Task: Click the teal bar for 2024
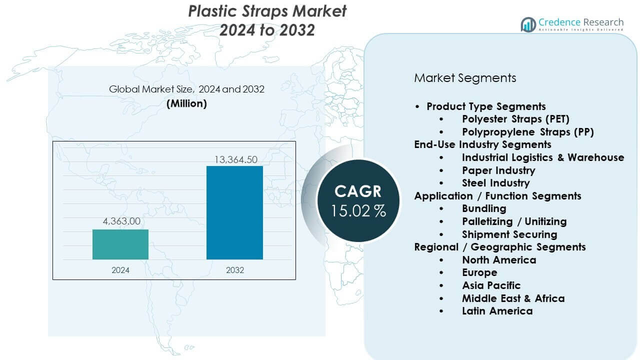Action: [120, 244]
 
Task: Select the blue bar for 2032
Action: [234, 212]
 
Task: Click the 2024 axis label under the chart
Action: [120, 270]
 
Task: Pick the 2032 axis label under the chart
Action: [234, 270]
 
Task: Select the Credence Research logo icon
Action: [528, 24]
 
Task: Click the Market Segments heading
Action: [465, 78]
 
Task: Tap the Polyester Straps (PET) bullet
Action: [515, 119]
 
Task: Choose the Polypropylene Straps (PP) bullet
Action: [527, 132]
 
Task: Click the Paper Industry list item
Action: [498, 170]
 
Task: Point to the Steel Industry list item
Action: [495, 183]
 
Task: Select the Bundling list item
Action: [484, 208]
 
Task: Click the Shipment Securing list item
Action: [509, 234]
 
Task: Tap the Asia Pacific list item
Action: [491, 285]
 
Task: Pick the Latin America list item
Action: [497, 311]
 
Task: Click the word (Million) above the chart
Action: [186, 103]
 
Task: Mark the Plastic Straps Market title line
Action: [267, 11]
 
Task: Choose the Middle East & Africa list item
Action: [513, 298]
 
